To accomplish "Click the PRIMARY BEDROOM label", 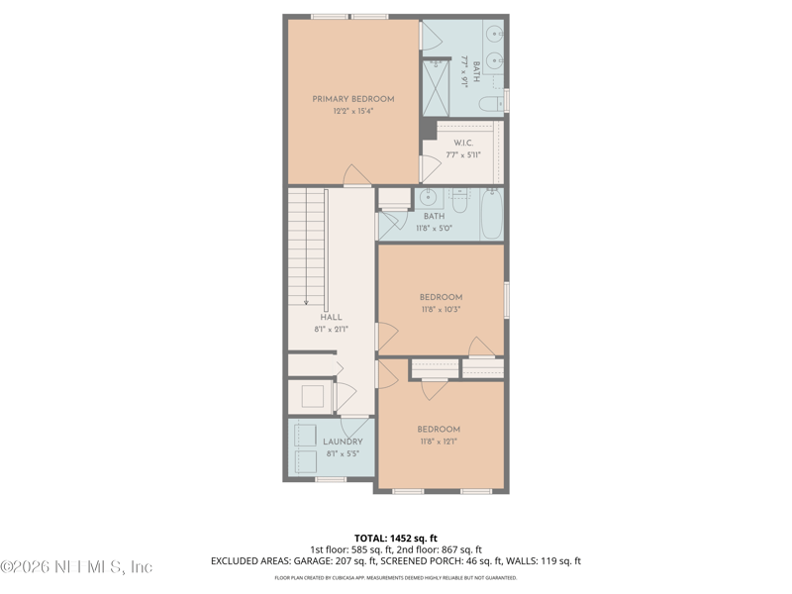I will pos(353,99).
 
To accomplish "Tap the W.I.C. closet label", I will pos(462,143).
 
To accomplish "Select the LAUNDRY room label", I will pos(343,442).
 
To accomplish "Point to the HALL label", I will pos(331,317).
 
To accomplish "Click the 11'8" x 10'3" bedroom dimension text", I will pos(441,309).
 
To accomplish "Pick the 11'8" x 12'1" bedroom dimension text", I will pos(439,442).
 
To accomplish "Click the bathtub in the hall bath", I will pos(492,215).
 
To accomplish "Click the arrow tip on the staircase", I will pos(307,303).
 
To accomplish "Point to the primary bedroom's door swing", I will pos(356,176).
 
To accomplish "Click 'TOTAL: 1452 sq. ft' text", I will pos(395,539).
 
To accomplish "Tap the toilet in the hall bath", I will pos(460,196).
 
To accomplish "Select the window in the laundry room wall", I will pos(330,479).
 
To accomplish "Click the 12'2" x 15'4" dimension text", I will pos(353,112).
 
